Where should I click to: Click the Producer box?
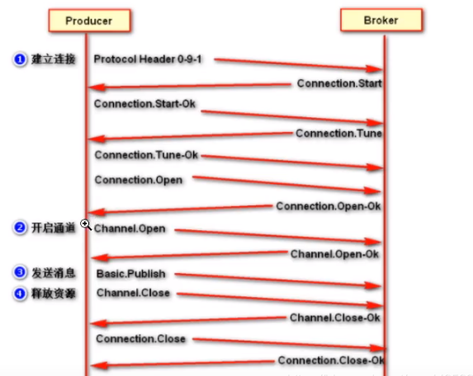(x=90, y=21)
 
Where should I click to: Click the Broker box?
(x=381, y=20)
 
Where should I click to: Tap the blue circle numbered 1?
(x=20, y=59)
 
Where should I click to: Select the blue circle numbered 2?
(x=20, y=228)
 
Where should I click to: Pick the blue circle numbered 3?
(x=20, y=272)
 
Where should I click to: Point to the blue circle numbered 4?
(x=20, y=294)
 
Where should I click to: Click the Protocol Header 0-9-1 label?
(x=148, y=59)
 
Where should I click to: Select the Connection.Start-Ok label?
(x=144, y=104)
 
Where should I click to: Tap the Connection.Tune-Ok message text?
(x=146, y=155)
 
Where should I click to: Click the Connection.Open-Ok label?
(x=329, y=206)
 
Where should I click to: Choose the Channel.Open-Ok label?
(x=334, y=254)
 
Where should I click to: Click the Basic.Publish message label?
(x=131, y=274)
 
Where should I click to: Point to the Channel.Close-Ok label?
(x=335, y=317)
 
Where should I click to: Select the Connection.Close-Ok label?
(x=331, y=360)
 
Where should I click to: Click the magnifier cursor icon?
(x=86, y=225)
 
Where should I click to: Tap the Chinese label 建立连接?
(x=54, y=59)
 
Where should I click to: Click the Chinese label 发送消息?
(x=54, y=273)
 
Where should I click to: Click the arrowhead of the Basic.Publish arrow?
(x=373, y=286)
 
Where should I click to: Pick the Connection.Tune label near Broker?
(x=338, y=134)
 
